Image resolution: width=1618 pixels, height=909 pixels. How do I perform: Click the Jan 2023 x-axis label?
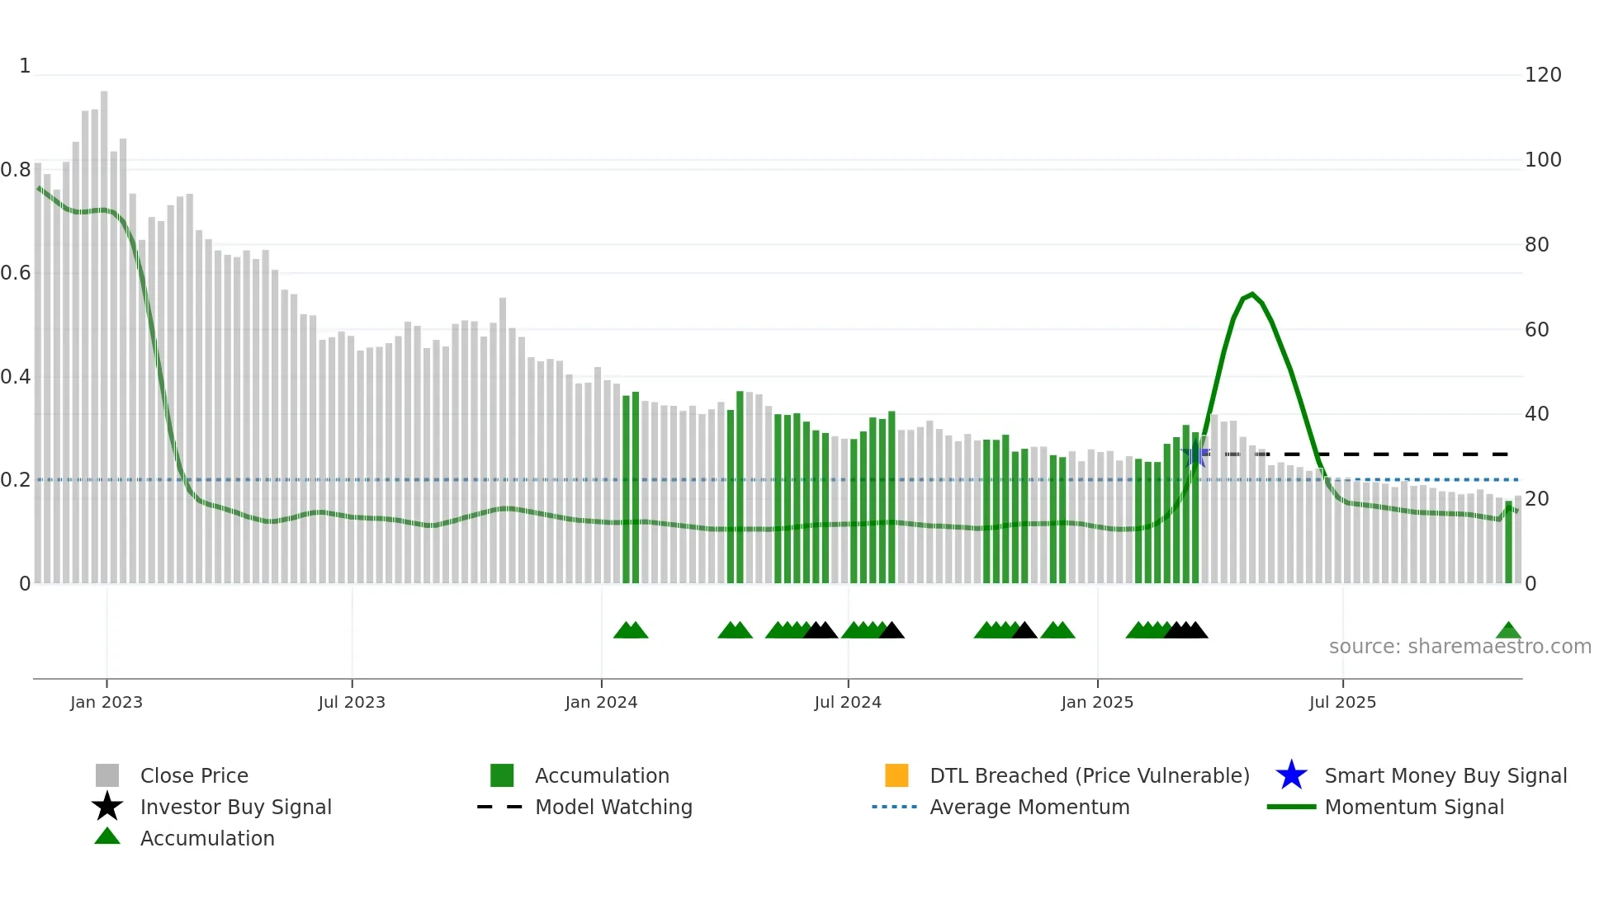[x=106, y=702]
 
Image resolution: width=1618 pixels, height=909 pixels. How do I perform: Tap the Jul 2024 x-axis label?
[x=848, y=702]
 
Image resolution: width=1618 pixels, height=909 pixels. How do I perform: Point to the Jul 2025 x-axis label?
[x=1342, y=702]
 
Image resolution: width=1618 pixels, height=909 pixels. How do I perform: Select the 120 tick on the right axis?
[x=1543, y=75]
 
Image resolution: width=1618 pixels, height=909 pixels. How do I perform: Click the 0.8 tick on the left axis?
[x=16, y=170]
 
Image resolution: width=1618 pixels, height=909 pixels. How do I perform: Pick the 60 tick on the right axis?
[x=1536, y=330]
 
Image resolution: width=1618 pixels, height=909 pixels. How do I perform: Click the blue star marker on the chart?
[x=1195, y=454]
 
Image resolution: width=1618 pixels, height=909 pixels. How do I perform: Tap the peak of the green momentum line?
[x=1252, y=294]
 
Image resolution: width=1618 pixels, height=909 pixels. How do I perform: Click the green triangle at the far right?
[x=1508, y=631]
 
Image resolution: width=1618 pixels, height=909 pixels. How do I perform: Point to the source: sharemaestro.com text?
[x=1460, y=647]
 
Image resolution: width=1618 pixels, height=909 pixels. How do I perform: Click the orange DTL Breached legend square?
[x=897, y=775]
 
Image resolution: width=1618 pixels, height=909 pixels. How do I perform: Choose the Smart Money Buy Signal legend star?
[x=1291, y=775]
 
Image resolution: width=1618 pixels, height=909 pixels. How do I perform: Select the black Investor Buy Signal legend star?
[x=107, y=807]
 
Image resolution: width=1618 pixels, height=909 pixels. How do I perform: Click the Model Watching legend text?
[x=613, y=807]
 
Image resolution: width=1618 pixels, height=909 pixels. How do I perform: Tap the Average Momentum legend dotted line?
[x=895, y=807]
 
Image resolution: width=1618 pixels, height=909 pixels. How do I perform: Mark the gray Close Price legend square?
[x=107, y=775]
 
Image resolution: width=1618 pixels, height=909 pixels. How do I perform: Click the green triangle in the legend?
[x=107, y=836]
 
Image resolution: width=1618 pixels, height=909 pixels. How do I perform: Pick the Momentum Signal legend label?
[x=1413, y=807]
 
